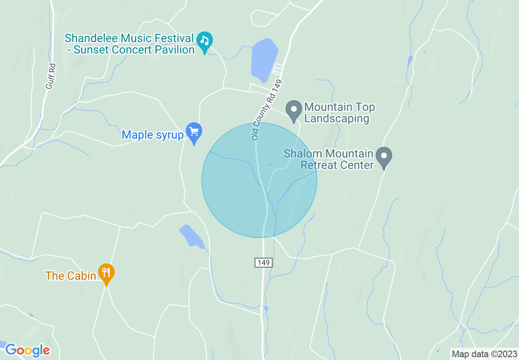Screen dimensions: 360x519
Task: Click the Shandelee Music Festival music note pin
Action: [205, 41]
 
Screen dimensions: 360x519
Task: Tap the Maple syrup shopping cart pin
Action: [194, 132]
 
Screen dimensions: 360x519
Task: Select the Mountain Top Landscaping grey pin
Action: [293, 110]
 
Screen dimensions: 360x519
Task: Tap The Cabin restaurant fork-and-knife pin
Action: [106, 273]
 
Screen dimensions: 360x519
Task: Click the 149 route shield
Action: [264, 262]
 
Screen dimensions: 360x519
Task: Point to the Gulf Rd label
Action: [50, 76]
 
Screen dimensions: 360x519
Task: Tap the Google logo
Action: [27, 350]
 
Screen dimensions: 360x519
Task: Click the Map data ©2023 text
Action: [484, 354]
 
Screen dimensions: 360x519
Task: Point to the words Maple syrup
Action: [153, 135]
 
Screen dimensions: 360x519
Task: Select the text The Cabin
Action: [71, 276]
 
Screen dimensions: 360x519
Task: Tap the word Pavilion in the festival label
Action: [174, 50]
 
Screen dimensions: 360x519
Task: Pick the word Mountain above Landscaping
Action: [328, 108]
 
